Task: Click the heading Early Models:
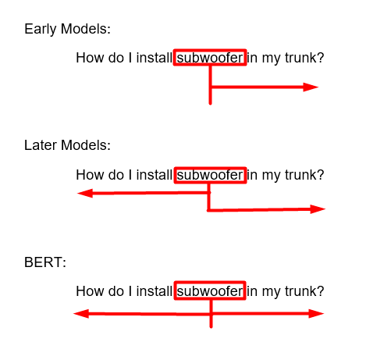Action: (x=67, y=29)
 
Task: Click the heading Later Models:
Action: (x=67, y=145)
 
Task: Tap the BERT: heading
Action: (x=45, y=262)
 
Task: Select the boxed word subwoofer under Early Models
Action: (x=210, y=57)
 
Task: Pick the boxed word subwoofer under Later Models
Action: (x=210, y=175)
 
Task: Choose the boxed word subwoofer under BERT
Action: (x=210, y=290)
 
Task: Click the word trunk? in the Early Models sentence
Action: (x=304, y=58)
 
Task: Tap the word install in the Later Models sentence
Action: (x=155, y=175)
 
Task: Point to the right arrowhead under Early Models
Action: (x=311, y=87)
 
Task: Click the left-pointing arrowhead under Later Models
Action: (x=85, y=194)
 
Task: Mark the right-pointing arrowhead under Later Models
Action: (x=318, y=209)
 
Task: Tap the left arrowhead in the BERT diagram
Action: (x=81, y=314)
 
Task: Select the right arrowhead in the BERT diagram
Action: (x=316, y=314)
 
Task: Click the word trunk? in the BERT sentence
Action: (x=304, y=291)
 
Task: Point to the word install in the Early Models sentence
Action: (x=155, y=58)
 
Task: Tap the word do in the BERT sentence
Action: (x=116, y=291)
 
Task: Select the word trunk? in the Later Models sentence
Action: (x=304, y=175)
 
